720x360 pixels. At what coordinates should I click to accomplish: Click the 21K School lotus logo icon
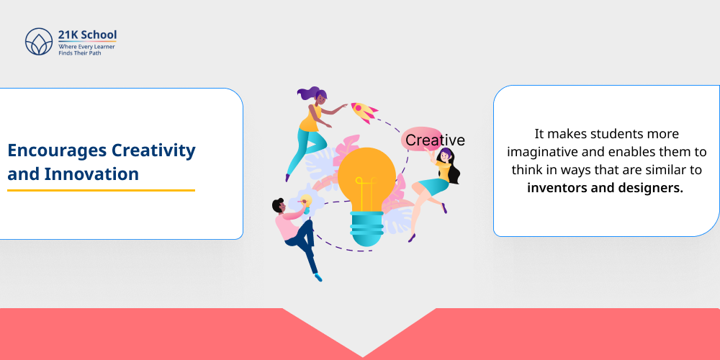pos(39,42)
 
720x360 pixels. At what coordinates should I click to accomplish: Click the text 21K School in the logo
pos(87,35)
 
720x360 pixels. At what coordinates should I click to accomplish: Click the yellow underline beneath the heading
pos(101,190)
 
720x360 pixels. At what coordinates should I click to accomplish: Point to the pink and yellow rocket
pos(364,112)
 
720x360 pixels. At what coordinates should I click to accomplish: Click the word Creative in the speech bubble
pos(435,140)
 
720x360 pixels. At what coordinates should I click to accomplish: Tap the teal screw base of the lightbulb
pos(366,230)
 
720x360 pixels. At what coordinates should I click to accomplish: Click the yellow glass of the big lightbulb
pos(366,176)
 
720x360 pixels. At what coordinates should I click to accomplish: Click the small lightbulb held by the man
pos(306,201)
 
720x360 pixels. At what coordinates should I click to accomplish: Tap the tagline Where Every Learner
pos(87,46)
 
